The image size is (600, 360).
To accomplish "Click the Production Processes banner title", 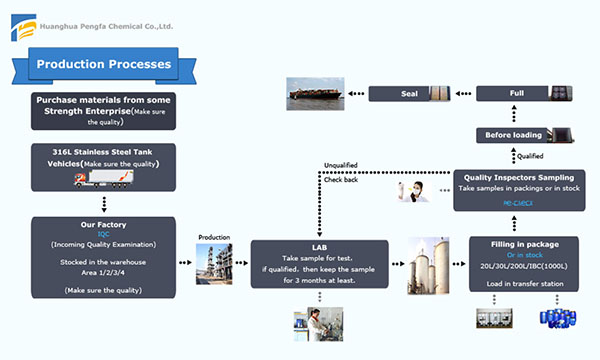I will click(104, 65).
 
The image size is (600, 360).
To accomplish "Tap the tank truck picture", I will click(103, 180).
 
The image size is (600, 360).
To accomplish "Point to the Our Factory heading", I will click(103, 225).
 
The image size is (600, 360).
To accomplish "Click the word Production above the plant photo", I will click(214, 237).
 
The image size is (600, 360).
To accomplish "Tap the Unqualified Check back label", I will click(340, 172).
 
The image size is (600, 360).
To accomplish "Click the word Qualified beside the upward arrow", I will click(531, 155).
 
